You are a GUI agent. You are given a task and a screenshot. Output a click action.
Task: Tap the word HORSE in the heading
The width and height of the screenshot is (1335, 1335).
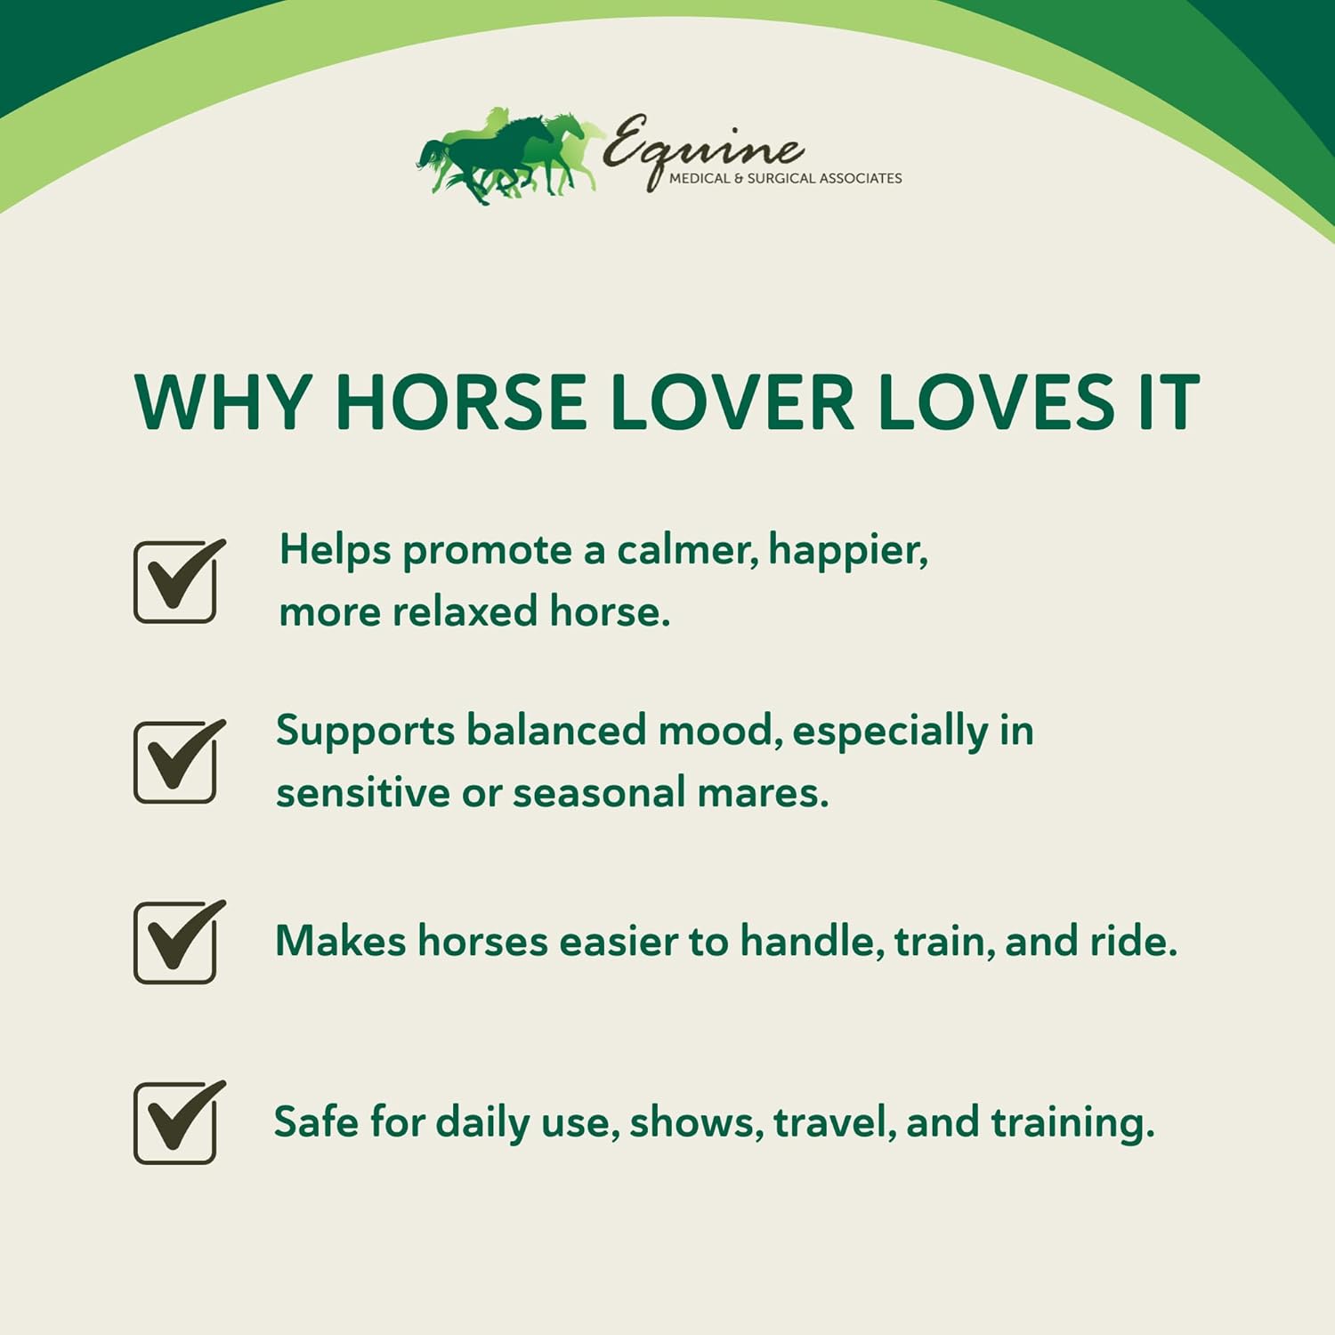460,401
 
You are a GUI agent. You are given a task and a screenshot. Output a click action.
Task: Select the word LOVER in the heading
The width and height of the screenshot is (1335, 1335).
732,401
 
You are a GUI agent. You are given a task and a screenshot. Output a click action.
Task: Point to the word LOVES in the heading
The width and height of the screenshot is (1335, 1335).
995,401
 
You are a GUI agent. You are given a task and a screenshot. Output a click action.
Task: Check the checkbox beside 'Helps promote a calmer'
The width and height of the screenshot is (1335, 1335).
175,582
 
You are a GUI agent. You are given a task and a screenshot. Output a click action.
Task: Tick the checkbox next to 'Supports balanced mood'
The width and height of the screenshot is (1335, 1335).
175,762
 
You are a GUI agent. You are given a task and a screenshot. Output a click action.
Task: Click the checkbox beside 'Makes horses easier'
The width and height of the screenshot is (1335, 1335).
175,943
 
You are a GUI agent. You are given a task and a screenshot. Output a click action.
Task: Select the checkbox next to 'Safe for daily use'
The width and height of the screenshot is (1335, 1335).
175,1123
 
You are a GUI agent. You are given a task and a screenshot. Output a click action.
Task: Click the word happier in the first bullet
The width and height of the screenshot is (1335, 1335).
848,552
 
